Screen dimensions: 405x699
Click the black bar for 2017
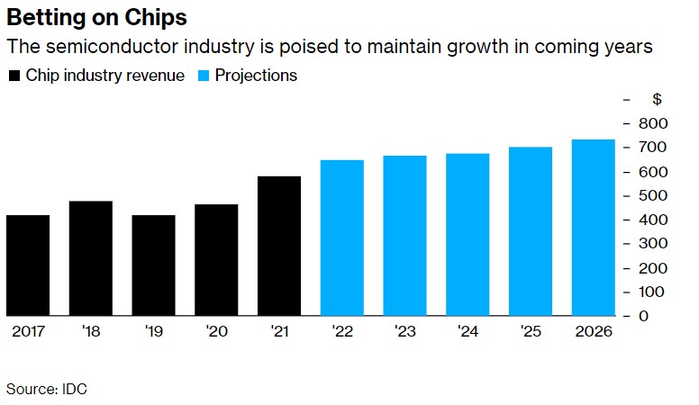point(28,265)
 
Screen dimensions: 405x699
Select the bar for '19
point(153,265)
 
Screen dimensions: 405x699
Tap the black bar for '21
point(278,246)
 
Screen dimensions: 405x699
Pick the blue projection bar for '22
point(341,238)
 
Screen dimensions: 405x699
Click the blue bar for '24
point(468,235)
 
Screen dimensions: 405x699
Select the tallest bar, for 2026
point(593,228)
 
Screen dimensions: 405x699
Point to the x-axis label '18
point(91,331)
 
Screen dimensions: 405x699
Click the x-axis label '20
point(216,331)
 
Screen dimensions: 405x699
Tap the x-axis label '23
point(404,331)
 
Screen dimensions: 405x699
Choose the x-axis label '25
point(530,331)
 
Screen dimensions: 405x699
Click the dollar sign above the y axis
point(657,99)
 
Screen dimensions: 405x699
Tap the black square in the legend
point(14,76)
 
